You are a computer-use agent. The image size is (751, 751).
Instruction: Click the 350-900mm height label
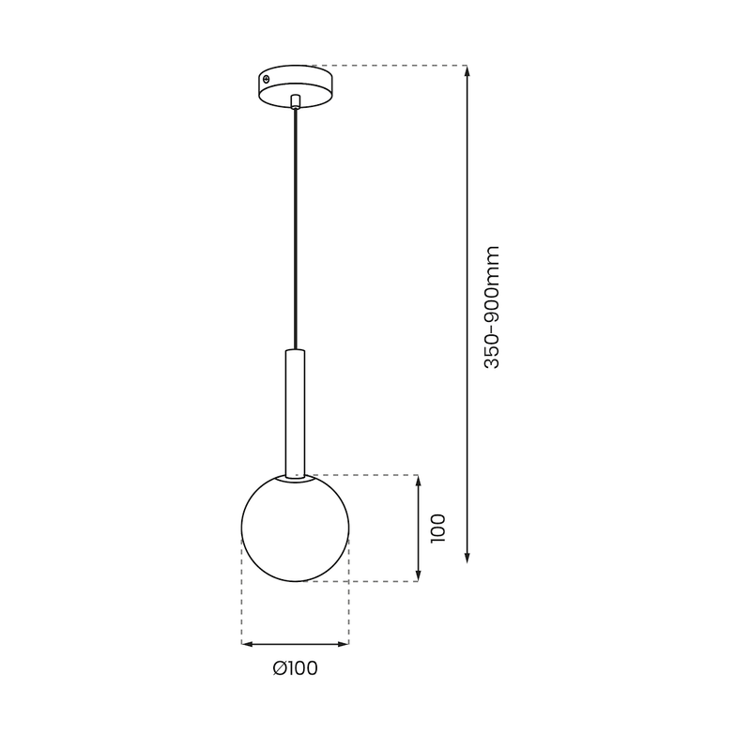(x=492, y=306)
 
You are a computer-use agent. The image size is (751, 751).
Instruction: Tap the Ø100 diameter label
(x=295, y=668)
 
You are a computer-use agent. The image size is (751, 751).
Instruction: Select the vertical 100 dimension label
(x=438, y=528)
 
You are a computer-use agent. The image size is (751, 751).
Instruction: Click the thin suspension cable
(x=295, y=225)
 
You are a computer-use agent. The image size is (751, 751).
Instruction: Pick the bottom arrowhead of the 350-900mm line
(x=467, y=559)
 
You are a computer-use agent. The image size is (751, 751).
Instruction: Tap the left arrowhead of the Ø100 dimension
(x=246, y=644)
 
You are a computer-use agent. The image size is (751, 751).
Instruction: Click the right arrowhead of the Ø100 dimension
(x=345, y=644)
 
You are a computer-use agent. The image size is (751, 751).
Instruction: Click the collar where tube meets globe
(x=295, y=476)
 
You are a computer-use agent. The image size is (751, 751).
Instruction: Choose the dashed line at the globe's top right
(x=366, y=474)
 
